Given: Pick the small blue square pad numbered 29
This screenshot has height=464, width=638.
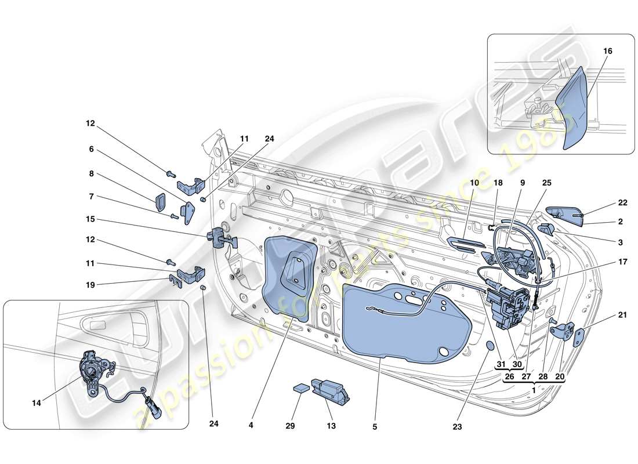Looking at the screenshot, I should click(300, 389).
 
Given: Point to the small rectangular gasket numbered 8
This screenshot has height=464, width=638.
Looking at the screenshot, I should click(161, 202).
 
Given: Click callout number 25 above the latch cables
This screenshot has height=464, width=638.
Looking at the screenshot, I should click(546, 183).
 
